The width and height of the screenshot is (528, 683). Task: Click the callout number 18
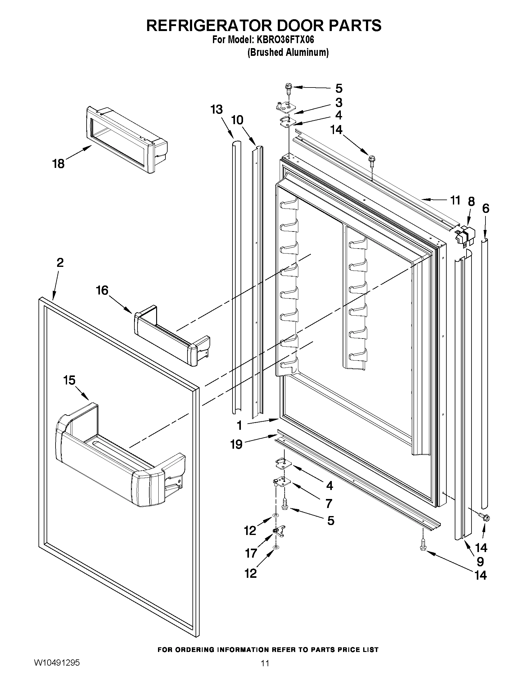(x=58, y=164)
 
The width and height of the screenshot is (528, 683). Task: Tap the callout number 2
(x=60, y=263)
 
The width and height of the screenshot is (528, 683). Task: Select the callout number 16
(x=102, y=290)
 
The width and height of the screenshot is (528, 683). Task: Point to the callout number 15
(x=69, y=380)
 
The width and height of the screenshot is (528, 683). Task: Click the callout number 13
(x=216, y=110)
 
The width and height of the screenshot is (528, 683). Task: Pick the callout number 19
(x=237, y=444)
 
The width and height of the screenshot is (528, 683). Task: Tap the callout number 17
(x=251, y=554)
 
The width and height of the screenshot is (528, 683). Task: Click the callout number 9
(x=480, y=562)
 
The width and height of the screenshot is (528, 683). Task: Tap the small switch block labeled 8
(x=464, y=235)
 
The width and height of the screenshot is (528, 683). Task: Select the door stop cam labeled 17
(x=278, y=531)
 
